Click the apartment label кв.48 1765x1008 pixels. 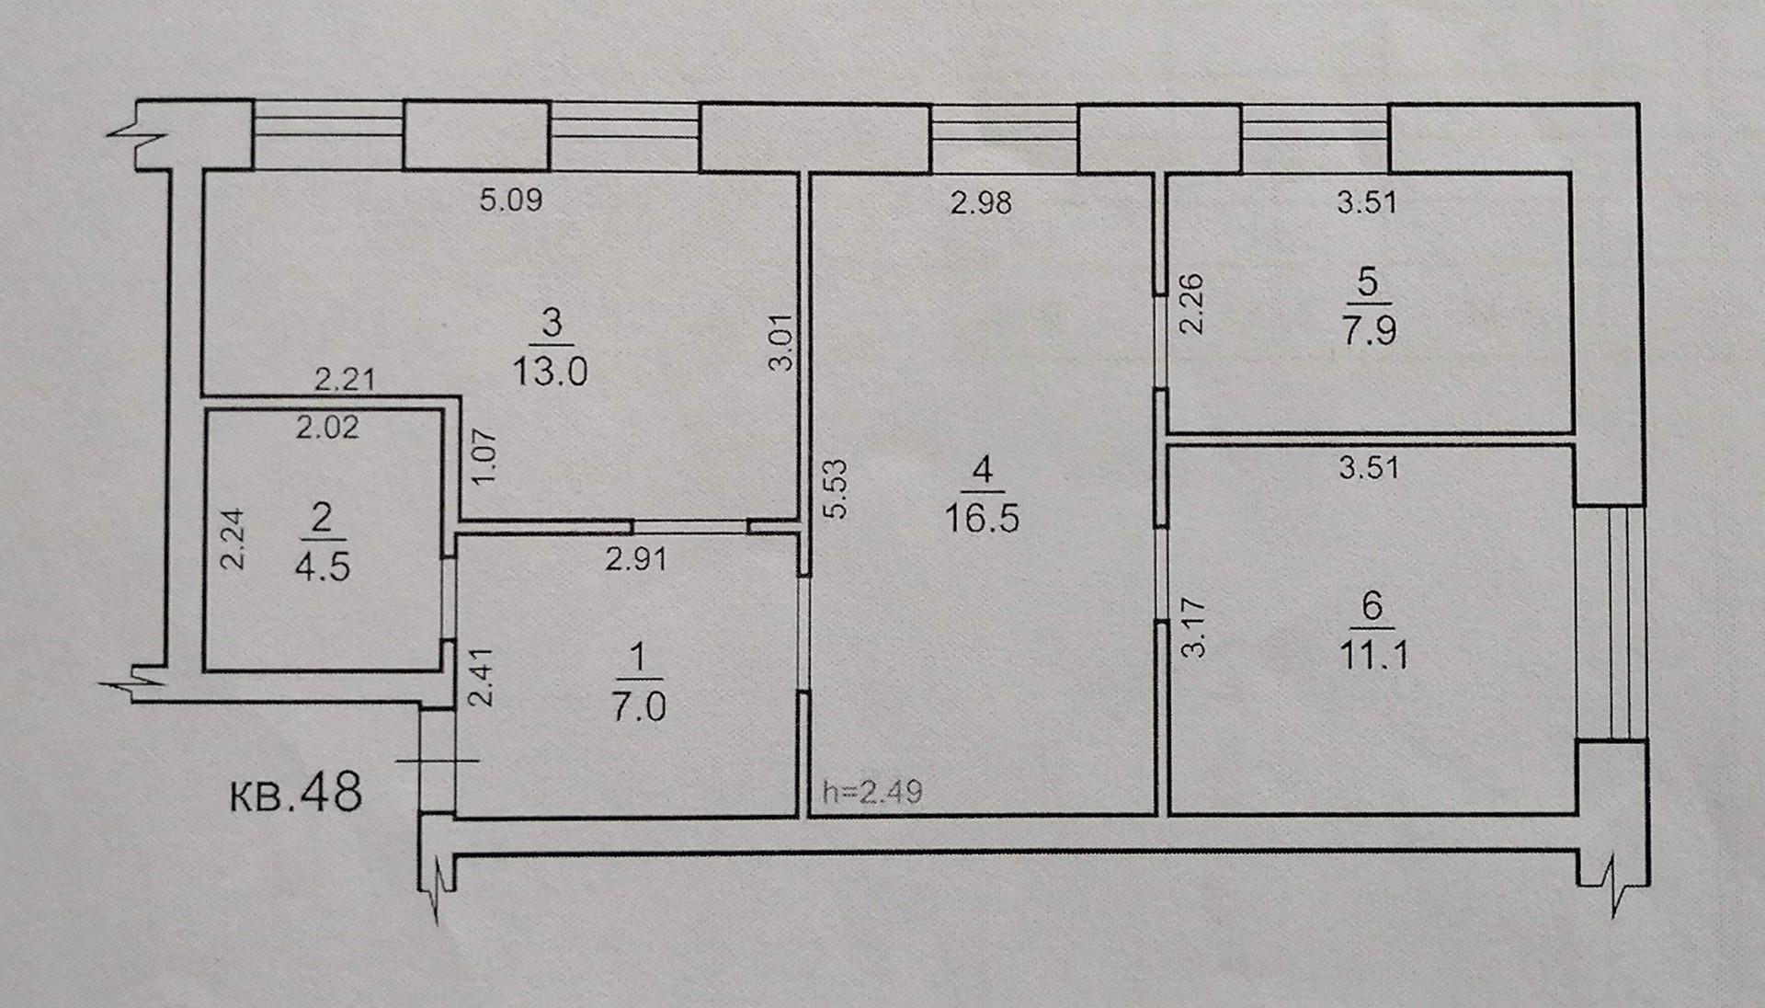click(295, 793)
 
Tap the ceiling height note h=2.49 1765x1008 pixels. click(872, 791)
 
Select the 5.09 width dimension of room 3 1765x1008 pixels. click(511, 200)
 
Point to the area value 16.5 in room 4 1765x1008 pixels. click(982, 519)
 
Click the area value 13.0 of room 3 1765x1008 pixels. click(550, 372)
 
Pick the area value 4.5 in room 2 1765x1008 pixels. click(322, 567)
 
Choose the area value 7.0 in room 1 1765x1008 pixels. click(638, 707)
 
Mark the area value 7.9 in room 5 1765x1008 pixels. click(1369, 330)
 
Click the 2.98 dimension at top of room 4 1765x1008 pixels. click(981, 202)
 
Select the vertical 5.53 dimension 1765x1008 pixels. click(836, 489)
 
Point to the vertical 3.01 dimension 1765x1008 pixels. click(780, 342)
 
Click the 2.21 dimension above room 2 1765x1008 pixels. click(345, 379)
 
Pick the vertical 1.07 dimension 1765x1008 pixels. click(484, 457)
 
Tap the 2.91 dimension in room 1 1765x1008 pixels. click(635, 558)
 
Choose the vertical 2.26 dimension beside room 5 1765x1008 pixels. click(1191, 304)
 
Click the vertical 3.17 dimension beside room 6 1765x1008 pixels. click(1192, 627)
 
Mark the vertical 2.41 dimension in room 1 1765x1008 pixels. click(482, 678)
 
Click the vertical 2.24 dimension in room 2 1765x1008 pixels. click(234, 539)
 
